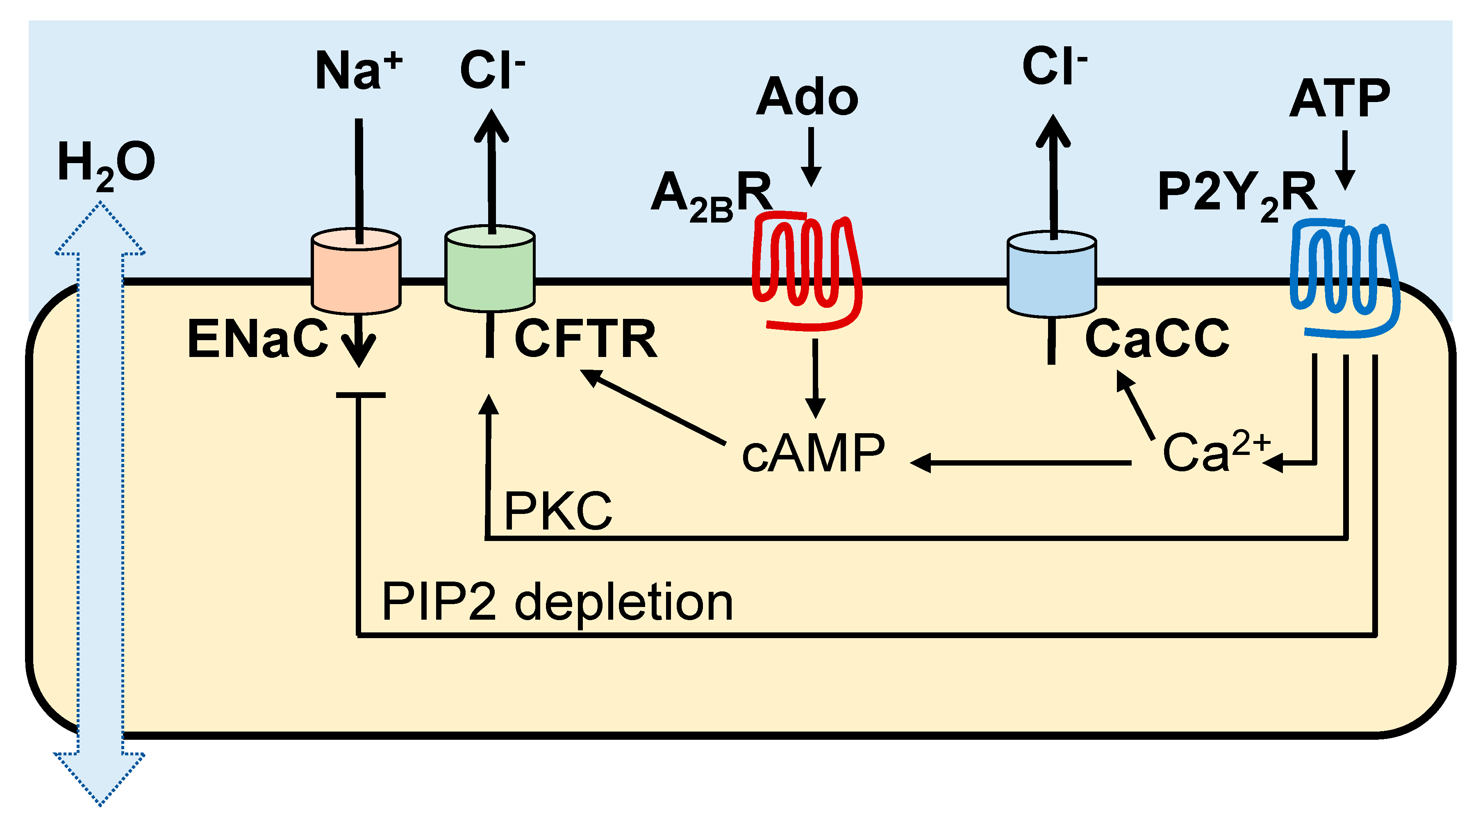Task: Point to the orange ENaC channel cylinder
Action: [x=356, y=271]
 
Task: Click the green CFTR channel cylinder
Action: [x=490, y=268]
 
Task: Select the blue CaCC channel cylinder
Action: [x=1052, y=274]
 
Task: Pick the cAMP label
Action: [x=813, y=453]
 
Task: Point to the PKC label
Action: [x=558, y=511]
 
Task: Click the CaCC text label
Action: [x=1157, y=338]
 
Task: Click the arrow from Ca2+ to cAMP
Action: [x=1020, y=463]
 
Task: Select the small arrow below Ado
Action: [x=811, y=157]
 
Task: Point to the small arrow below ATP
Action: [x=1345, y=160]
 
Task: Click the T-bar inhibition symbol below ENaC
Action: [x=360, y=395]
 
